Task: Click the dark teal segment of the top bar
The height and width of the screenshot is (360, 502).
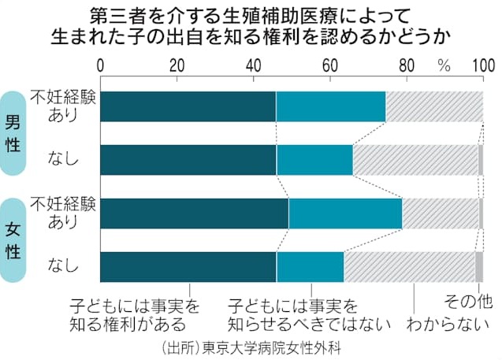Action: click(x=188, y=106)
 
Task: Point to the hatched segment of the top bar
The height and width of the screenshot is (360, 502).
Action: click(x=434, y=106)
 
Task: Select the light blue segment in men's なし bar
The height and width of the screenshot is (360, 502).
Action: click(x=314, y=160)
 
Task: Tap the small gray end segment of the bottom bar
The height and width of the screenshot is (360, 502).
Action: click(x=478, y=266)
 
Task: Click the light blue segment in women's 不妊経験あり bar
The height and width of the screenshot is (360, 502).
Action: click(x=345, y=213)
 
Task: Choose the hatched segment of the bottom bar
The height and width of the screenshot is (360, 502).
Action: click(x=409, y=266)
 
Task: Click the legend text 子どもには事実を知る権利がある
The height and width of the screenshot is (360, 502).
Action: click(x=133, y=314)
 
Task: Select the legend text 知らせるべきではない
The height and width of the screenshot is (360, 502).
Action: click(x=294, y=324)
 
